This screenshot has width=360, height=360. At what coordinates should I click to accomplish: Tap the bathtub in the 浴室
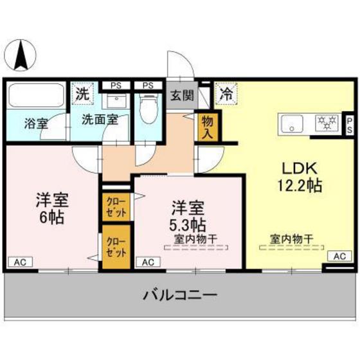(35, 96)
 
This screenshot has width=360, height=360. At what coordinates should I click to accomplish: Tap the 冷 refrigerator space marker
(226, 93)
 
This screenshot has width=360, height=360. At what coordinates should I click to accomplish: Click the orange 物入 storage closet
(208, 126)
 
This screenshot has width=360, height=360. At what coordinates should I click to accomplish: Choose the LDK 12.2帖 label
(296, 177)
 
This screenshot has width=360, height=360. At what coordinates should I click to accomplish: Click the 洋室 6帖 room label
(51, 208)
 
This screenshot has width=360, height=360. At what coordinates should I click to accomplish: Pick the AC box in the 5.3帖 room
(147, 262)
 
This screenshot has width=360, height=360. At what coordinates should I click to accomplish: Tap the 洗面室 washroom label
(100, 119)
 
